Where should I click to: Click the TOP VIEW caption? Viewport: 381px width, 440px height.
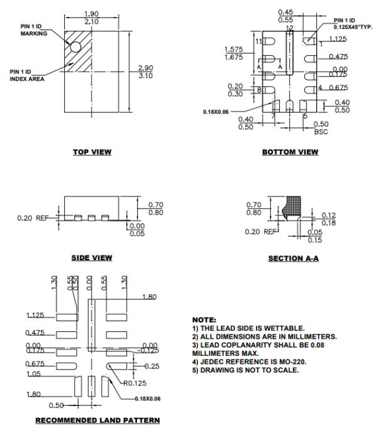(x=92, y=151)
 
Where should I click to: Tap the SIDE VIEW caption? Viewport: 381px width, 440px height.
(x=92, y=257)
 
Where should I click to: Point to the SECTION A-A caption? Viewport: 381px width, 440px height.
(x=293, y=258)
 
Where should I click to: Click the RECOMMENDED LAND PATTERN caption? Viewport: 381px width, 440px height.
(x=97, y=420)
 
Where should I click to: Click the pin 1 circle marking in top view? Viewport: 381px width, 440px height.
(x=75, y=47)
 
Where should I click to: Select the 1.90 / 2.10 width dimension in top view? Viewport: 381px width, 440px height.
(x=92, y=17)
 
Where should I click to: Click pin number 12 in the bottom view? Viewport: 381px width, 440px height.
(x=289, y=28)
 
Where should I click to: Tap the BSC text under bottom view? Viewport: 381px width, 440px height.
(x=321, y=132)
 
